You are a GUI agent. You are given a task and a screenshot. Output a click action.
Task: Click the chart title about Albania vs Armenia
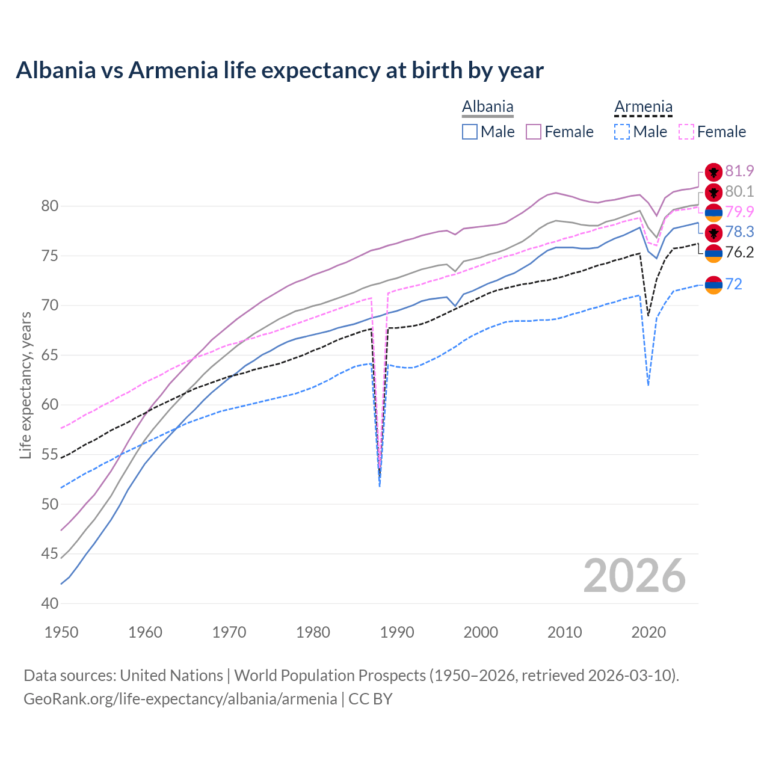pyautogui.click(x=280, y=70)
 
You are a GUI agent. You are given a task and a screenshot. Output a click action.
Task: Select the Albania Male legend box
pyautogui.click(x=470, y=132)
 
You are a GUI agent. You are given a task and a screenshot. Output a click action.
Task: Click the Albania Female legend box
pyautogui.click(x=534, y=132)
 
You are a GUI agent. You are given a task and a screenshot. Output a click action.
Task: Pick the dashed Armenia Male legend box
pyautogui.click(x=622, y=132)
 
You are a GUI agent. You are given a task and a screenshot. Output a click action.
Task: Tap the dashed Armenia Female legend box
pyautogui.click(x=686, y=132)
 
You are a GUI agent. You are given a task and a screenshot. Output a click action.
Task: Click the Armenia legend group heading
pyautogui.click(x=643, y=107)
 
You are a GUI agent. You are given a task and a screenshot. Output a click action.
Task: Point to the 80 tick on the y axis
pyautogui.click(x=49, y=206)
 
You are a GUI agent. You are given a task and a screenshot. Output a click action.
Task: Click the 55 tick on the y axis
pyautogui.click(x=49, y=455)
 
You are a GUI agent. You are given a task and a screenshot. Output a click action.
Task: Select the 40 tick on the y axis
pyautogui.click(x=49, y=603)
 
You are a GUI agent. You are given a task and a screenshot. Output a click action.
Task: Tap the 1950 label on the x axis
pyautogui.click(x=61, y=632)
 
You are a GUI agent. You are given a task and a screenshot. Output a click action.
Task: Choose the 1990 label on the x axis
pyautogui.click(x=397, y=632)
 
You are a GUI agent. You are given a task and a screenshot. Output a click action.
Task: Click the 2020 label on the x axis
pyautogui.click(x=648, y=632)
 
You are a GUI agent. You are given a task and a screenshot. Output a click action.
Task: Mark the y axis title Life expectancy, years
pyautogui.click(x=26, y=385)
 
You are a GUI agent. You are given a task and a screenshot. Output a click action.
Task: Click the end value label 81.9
pyautogui.click(x=739, y=171)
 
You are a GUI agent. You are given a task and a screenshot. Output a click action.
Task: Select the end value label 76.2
pyautogui.click(x=739, y=252)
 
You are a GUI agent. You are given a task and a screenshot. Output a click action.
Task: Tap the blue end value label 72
pyautogui.click(x=734, y=284)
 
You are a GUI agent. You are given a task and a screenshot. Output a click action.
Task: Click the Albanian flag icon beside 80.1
pyautogui.click(x=713, y=192)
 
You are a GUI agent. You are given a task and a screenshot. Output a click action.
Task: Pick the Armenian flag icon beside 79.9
pyautogui.click(x=713, y=212)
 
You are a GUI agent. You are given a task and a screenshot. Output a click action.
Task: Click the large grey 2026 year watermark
pyautogui.click(x=634, y=576)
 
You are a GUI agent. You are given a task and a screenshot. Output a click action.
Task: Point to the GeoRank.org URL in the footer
pyautogui.click(x=180, y=699)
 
